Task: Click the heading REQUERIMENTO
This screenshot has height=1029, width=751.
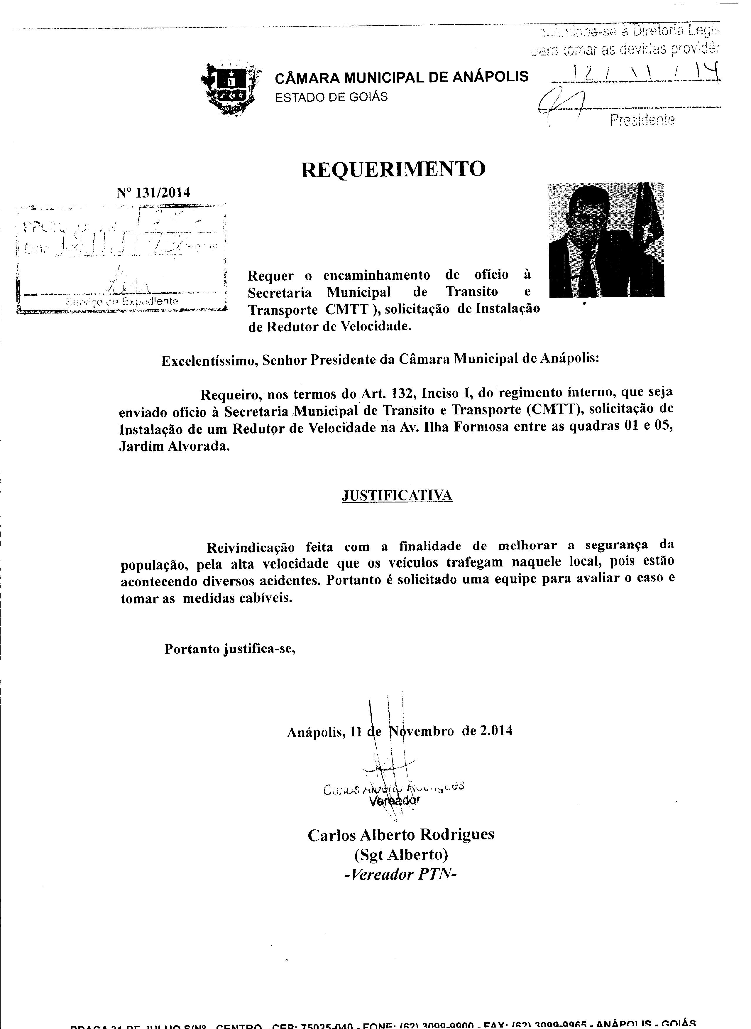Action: tap(393, 169)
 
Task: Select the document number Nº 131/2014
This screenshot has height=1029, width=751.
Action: tap(153, 193)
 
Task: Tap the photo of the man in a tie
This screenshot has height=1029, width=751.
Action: tap(606, 240)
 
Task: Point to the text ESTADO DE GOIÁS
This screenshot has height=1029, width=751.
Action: tap(331, 97)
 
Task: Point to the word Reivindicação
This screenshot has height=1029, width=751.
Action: tap(251, 546)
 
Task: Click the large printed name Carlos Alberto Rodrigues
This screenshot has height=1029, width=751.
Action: tap(401, 835)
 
